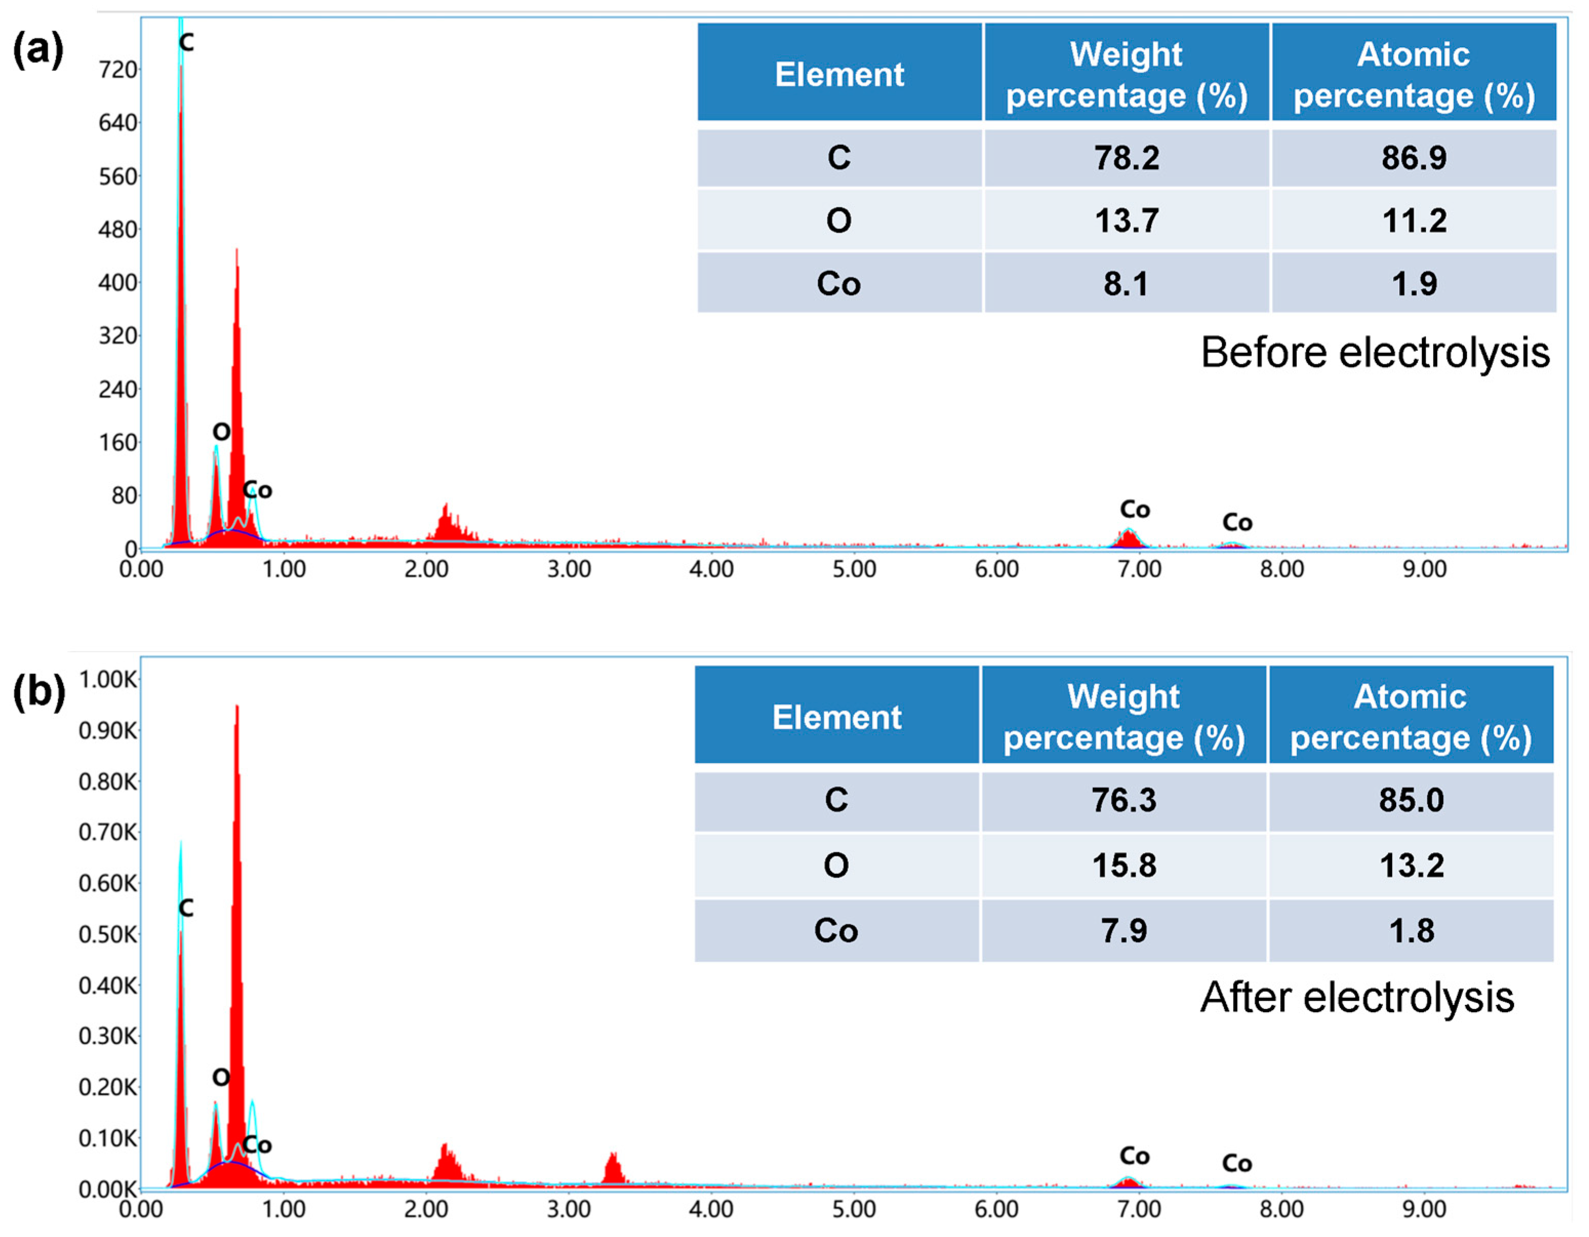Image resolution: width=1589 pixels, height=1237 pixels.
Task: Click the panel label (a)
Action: tap(38, 51)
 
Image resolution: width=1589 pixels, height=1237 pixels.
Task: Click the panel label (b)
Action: tap(38, 693)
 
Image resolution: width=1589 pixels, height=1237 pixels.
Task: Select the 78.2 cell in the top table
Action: tap(1126, 158)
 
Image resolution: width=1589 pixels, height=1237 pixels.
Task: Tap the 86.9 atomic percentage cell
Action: tap(1414, 158)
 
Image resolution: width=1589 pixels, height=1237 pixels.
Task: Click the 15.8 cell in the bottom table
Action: tap(1124, 866)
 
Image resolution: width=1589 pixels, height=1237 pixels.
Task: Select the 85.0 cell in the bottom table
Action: tap(1411, 800)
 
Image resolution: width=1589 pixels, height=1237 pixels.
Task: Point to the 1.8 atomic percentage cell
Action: tap(1411, 931)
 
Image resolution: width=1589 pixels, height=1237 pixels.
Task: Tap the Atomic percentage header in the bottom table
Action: tap(1411, 717)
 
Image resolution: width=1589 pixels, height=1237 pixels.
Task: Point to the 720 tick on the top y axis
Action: tap(118, 70)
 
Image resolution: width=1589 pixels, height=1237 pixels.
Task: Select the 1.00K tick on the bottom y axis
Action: tap(108, 679)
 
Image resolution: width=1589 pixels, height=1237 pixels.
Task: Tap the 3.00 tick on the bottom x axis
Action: tap(568, 1209)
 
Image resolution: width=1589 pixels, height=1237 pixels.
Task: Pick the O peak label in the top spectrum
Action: tap(221, 432)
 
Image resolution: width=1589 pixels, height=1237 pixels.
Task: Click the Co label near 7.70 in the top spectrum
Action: tap(1237, 522)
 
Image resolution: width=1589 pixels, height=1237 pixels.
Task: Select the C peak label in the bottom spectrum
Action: tap(186, 908)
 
